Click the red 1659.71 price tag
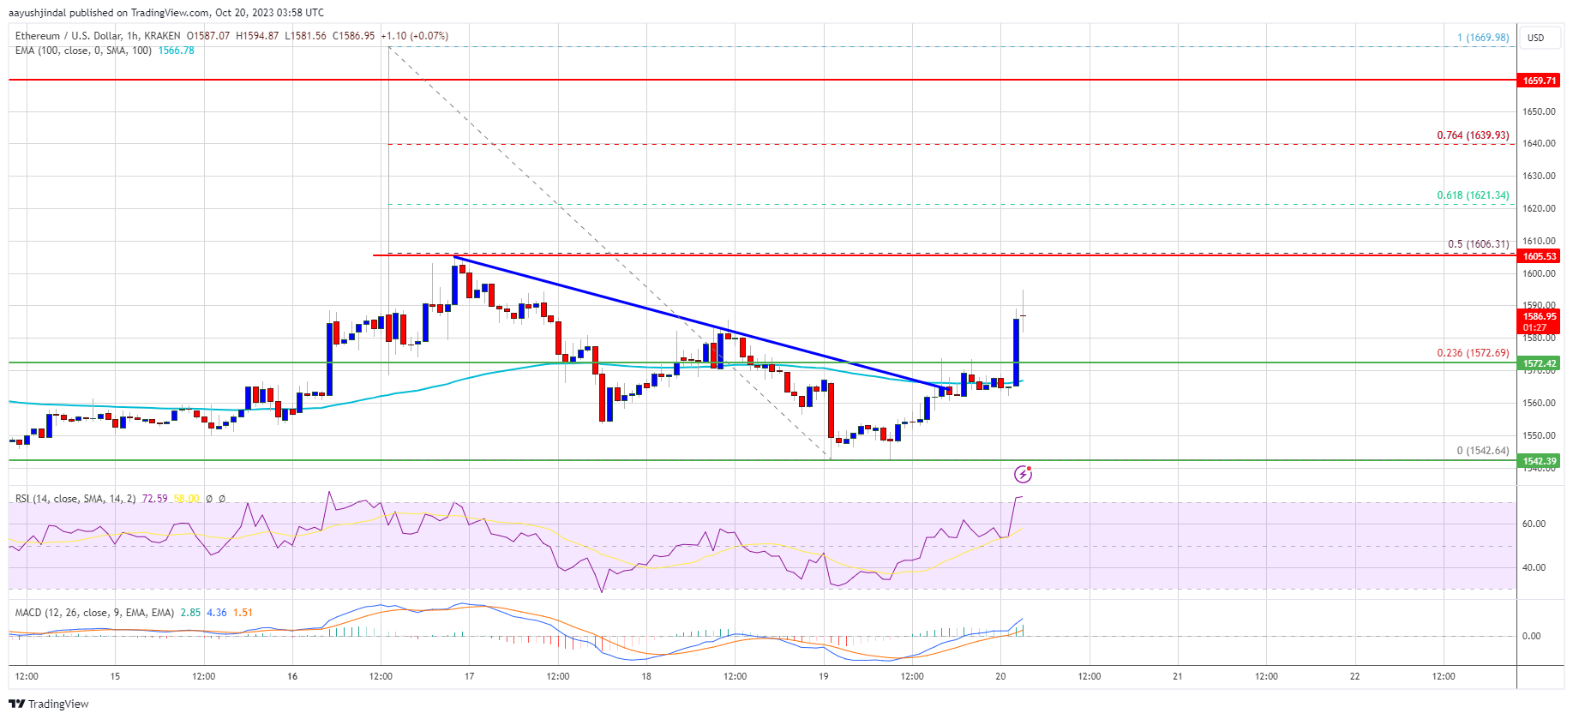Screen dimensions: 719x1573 [1539, 81]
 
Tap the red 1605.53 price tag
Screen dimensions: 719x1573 [1539, 256]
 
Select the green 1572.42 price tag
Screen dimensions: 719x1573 [1539, 363]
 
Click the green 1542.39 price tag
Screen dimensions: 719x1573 [1539, 461]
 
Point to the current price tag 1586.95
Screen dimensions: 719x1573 [1539, 316]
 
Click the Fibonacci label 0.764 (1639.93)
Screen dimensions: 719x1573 [1473, 135]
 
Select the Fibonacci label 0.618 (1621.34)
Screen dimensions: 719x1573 [1473, 195]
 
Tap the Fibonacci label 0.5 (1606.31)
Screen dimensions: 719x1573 [1478, 244]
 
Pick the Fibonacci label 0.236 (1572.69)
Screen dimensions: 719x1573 [1473, 353]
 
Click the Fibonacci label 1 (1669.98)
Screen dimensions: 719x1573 [1483, 38]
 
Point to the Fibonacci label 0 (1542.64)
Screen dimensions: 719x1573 [1482, 451]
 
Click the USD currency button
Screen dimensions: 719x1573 [1535, 38]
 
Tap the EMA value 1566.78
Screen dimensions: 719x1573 [177, 51]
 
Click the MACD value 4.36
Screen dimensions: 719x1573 [217, 613]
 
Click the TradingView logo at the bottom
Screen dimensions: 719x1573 [49, 704]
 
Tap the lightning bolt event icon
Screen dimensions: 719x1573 [1023, 474]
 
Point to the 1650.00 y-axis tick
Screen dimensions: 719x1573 [1539, 112]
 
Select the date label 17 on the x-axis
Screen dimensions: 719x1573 [469, 676]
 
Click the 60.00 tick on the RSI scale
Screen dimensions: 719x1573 [1534, 524]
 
